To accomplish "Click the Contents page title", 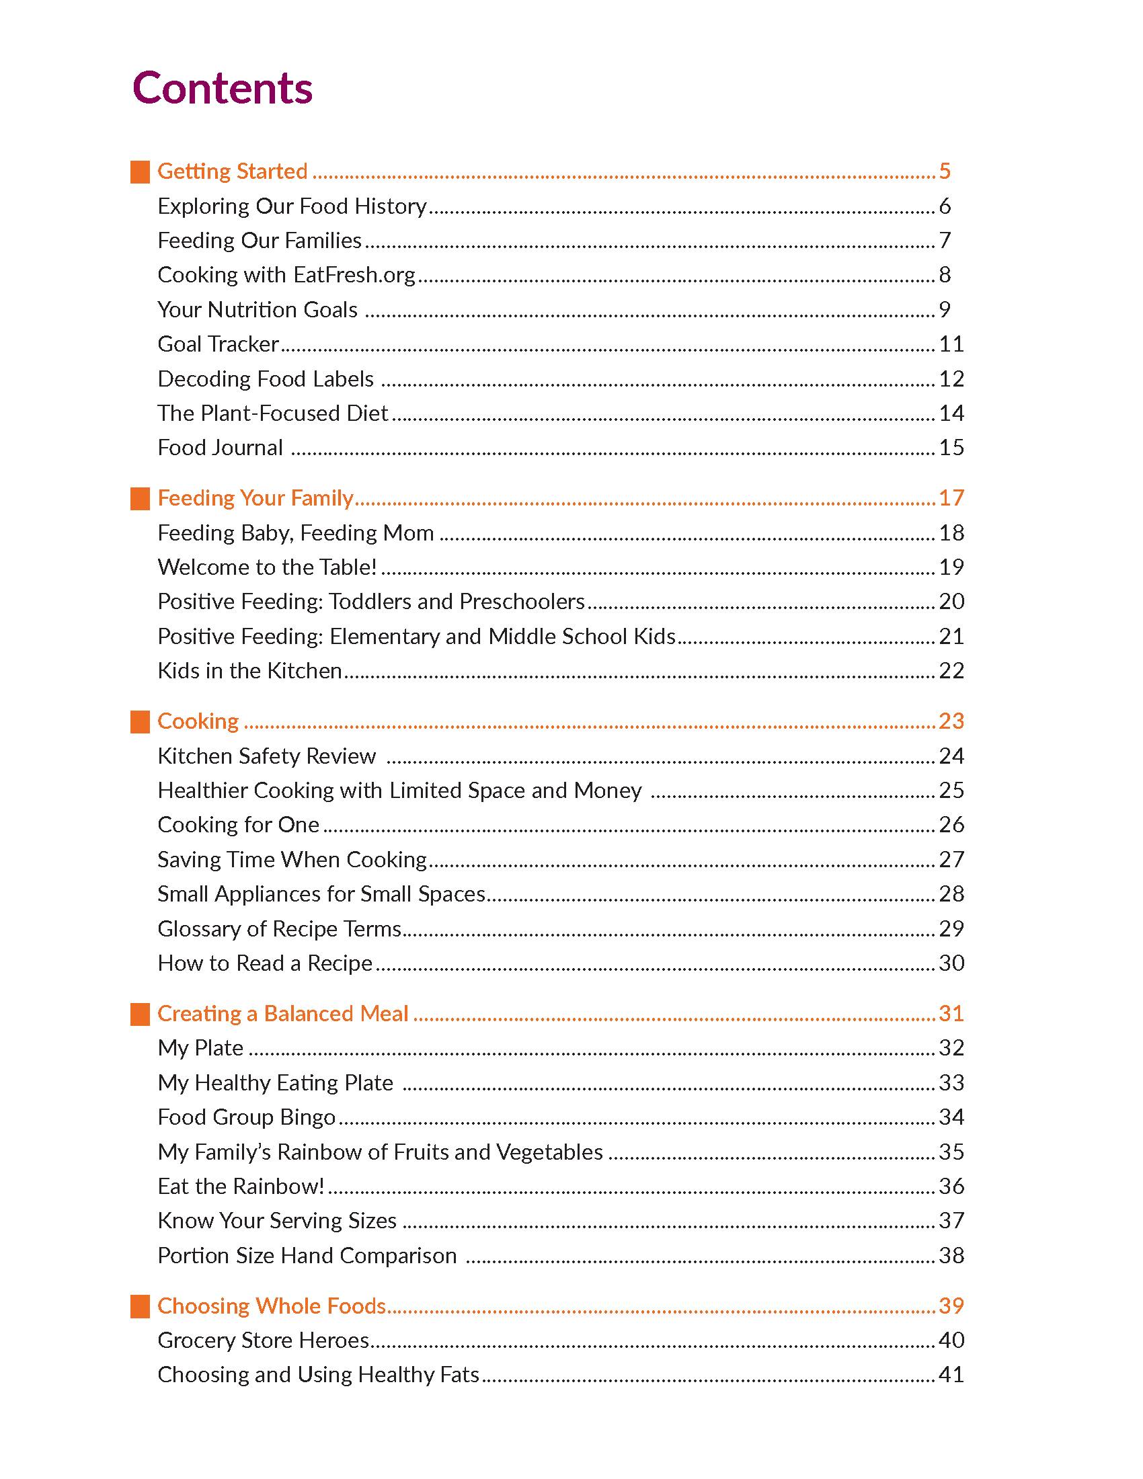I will pyautogui.click(x=222, y=88).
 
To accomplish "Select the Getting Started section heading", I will pyautogui.click(x=232, y=171).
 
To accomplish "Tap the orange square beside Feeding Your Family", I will pyautogui.click(x=139, y=498).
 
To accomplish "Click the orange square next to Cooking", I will pyautogui.click(x=139, y=722).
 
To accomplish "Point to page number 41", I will pyautogui.click(x=951, y=1375).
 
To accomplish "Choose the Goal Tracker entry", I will pyautogui.click(x=218, y=344).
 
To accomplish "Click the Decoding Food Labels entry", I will pyautogui.click(x=266, y=379).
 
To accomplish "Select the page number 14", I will pyautogui.click(x=951, y=413).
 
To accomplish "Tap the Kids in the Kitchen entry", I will pyautogui.click(x=249, y=671).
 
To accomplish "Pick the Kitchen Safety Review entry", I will pyautogui.click(x=266, y=756).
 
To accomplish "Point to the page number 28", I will pyautogui.click(x=951, y=894).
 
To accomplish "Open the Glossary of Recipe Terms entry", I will pyautogui.click(x=279, y=929).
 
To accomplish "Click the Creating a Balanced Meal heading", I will pyautogui.click(x=282, y=1014).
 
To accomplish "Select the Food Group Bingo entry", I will pyautogui.click(x=247, y=1117).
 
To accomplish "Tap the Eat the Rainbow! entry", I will pyautogui.click(x=241, y=1187).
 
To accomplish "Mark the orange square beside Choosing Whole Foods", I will pyautogui.click(x=139, y=1306).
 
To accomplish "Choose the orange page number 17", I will pyautogui.click(x=951, y=498).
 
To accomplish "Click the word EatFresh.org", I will pyautogui.click(x=354, y=275).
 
